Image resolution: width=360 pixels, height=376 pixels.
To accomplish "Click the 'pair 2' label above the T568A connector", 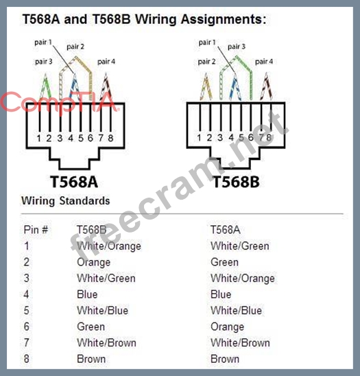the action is coord(75,46).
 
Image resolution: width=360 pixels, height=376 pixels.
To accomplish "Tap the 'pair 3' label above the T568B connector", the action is coord(237,46).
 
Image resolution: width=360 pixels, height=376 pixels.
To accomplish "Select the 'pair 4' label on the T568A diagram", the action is coord(106,62).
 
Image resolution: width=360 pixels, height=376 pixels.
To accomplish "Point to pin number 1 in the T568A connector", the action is coord(39,138).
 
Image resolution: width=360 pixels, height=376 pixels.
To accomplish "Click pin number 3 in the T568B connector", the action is coord(220,138).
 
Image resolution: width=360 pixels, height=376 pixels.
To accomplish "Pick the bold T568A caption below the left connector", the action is coord(74,182).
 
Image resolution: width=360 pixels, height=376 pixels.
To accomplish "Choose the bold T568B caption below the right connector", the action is coord(236,182).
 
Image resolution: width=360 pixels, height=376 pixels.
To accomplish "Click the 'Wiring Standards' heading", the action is coord(65,201).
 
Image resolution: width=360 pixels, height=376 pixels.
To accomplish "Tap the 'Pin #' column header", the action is coord(36,230).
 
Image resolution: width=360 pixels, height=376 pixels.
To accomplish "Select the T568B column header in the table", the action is coord(92,230).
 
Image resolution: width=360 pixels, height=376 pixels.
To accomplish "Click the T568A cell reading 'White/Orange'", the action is coord(243,279).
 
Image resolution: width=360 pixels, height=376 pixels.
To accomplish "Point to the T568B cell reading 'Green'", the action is coord(91,327).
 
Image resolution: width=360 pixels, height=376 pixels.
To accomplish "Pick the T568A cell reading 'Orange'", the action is coord(227,327).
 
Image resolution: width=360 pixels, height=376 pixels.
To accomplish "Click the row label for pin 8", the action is coord(26,359).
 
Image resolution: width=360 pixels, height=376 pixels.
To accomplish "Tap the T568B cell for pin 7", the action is coord(106,342).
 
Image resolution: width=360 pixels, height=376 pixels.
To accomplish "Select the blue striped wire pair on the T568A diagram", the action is coord(75,87).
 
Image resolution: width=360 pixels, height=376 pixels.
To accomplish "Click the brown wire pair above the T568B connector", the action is coord(266,86).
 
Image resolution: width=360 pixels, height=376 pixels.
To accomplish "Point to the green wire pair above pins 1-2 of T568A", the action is coord(45,87).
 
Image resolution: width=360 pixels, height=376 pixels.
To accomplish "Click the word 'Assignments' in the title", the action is coord(224,19).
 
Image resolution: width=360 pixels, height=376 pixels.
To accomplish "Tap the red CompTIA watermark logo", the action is coord(59,102).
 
